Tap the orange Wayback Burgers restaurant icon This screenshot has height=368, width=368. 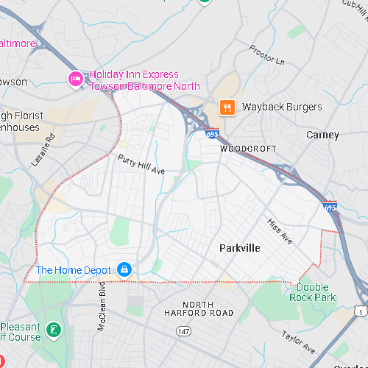pyautogui.click(x=227, y=107)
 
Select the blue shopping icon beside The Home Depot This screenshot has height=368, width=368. pyautogui.click(x=124, y=270)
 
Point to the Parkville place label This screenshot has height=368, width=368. pyautogui.click(x=239, y=248)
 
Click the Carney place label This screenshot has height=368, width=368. pyautogui.click(x=322, y=135)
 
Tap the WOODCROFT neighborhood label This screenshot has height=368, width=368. pyautogui.click(x=248, y=149)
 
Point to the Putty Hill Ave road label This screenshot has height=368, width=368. pyautogui.click(x=141, y=163)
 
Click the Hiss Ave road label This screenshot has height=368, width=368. pyautogui.click(x=280, y=232)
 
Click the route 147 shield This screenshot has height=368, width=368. pyautogui.click(x=183, y=332)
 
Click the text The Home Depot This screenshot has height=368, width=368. pyautogui.click(x=73, y=270)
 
